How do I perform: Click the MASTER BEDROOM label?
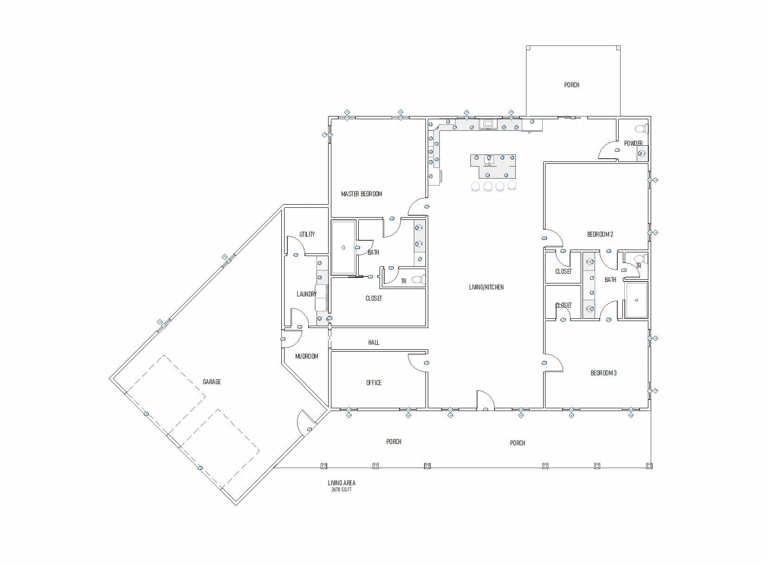coord(361,194)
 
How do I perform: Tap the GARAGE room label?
coord(212,381)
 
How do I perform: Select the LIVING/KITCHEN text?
coord(486,287)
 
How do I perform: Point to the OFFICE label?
coord(374,383)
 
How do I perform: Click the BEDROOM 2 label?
coord(600,234)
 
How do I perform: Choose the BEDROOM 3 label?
coord(603,373)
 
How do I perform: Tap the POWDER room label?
coord(633,143)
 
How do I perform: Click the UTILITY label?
coord(307,234)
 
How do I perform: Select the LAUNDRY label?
coord(306,294)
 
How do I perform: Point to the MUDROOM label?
coord(306,357)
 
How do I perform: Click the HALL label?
coord(374,342)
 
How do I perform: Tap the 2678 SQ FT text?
coord(342,489)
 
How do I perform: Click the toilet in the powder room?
coord(642,129)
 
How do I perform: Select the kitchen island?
coord(493,166)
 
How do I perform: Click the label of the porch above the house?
coord(571,85)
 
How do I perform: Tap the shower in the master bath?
coord(343,248)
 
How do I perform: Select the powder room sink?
coord(642,154)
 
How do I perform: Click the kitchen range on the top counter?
coord(488,124)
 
